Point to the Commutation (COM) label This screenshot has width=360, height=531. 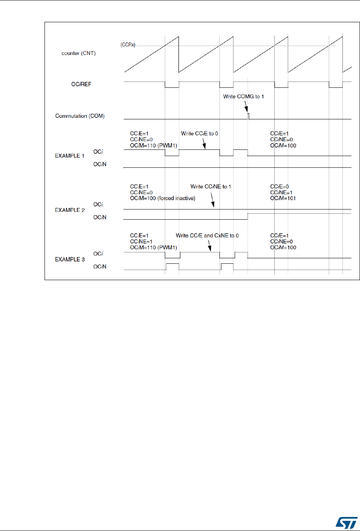tap(80, 116)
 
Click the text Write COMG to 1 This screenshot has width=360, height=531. tap(244, 96)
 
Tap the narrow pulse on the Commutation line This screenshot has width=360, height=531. tap(249, 116)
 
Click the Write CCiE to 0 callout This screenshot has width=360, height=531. tap(199, 133)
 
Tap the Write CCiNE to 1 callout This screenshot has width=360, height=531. tap(210, 187)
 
